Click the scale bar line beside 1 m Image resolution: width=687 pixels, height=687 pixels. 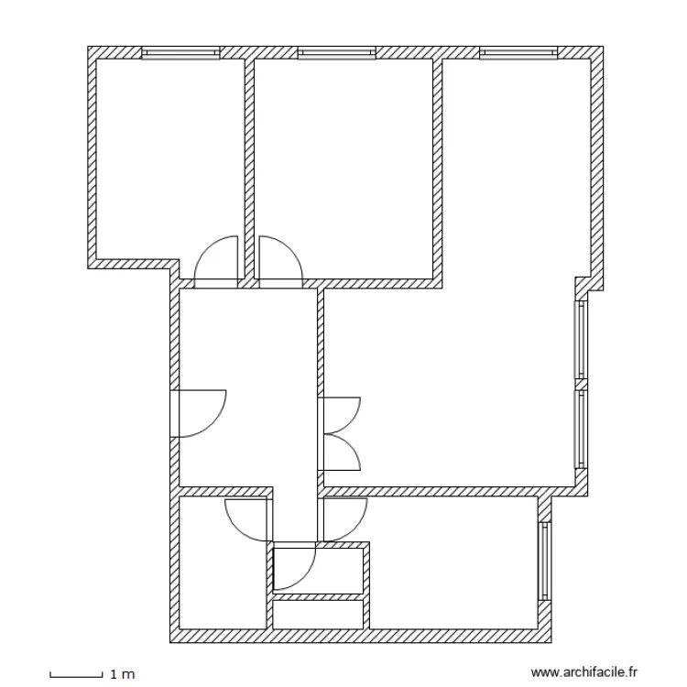click(75, 674)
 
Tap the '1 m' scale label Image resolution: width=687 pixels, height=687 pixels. click(122, 675)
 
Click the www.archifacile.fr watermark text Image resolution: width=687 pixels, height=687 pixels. click(588, 672)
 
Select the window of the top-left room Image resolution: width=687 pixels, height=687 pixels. click(181, 53)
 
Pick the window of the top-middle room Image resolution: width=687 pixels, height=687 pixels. click(338, 53)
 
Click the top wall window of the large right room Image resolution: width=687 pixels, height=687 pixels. click(519, 53)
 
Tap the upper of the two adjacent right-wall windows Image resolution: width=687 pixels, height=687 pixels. click(580, 339)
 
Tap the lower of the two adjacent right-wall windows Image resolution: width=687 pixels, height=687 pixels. click(580, 428)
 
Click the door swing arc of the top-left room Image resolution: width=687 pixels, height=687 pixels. click(218, 258)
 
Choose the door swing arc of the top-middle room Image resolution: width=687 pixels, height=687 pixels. click(280, 258)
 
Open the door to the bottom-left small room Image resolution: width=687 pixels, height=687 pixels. click(245, 519)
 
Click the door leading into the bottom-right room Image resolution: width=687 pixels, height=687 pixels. click(344, 518)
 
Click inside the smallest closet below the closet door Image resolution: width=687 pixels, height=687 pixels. click(319, 614)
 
